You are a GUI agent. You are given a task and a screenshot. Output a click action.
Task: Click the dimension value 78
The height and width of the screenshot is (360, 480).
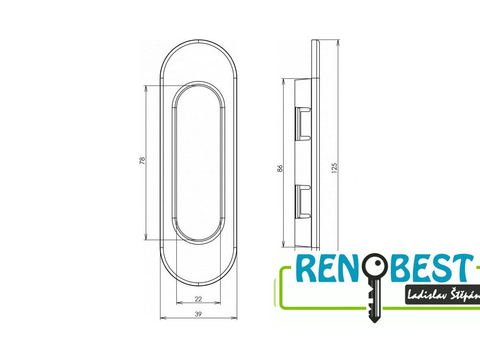click(142, 161)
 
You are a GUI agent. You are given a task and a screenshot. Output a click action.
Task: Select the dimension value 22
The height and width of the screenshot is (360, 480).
click(198, 299)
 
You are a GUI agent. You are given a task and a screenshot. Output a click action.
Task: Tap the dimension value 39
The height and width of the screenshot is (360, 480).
click(198, 315)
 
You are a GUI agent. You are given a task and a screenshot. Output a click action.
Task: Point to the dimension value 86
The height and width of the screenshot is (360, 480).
click(279, 167)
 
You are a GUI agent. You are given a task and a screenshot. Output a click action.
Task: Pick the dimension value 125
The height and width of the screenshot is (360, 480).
click(334, 168)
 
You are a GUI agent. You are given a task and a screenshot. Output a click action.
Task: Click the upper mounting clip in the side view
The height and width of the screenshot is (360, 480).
click(302, 123)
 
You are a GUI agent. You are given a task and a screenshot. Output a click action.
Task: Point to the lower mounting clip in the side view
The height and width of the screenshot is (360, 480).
click(302, 201)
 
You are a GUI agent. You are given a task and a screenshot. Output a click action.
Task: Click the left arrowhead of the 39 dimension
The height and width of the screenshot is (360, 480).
click(162, 318)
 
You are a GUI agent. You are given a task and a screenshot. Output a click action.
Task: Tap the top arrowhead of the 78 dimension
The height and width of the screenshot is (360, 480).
click(146, 88)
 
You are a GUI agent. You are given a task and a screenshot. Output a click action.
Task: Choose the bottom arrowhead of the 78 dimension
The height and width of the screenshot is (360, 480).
click(146, 238)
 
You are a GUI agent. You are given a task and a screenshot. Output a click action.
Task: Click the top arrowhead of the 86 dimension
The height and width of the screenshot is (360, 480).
click(284, 81)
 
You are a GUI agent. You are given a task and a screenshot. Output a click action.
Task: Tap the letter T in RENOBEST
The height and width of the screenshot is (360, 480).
click(461, 269)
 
